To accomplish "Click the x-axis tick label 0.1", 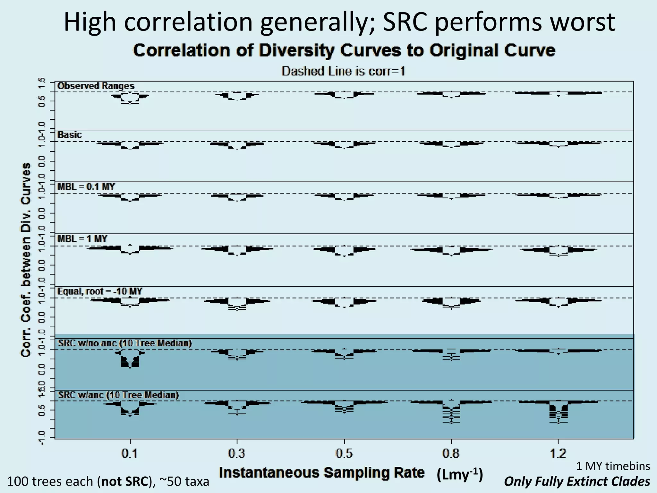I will [x=130, y=454].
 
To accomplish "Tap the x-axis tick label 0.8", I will [x=451, y=454].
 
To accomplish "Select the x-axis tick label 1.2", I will [x=558, y=454].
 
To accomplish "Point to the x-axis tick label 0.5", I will [x=344, y=454].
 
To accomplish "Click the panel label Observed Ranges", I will [x=96, y=86].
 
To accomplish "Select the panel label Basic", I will [x=70, y=135].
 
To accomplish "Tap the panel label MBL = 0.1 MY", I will [x=86, y=187].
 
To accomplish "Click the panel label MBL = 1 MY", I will [x=82, y=238].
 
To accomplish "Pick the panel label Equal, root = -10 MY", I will [x=100, y=291].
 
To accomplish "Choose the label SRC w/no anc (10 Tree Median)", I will [x=125, y=343].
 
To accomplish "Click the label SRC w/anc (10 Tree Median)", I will [x=118, y=395].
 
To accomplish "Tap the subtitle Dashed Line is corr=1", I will [x=343, y=71].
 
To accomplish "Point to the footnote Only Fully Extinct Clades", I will [x=577, y=481].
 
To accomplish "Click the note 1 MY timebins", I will [x=613, y=466].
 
